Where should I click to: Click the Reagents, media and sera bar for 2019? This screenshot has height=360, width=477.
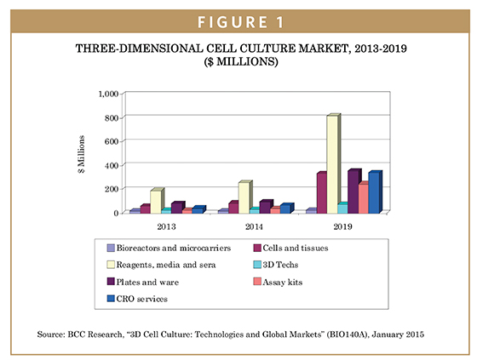click(333, 163)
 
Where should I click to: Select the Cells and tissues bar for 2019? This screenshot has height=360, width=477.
click(322, 193)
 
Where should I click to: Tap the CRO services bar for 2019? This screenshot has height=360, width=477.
click(375, 192)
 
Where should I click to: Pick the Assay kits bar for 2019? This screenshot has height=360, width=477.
click(363, 197)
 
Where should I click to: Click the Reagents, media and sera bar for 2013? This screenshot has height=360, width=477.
click(158, 201)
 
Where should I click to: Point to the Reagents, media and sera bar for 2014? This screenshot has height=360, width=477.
click(245, 197)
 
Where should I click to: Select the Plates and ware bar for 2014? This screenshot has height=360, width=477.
click(266, 207)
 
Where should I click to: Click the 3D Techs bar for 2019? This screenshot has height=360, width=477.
click(342, 208)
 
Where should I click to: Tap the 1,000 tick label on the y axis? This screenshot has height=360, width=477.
click(108, 94)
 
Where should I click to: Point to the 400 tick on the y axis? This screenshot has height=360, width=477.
click(112, 165)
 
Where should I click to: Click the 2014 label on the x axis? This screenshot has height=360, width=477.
click(255, 226)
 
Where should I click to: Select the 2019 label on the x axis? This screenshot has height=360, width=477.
click(342, 226)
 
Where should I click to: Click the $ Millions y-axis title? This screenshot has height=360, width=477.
click(81, 154)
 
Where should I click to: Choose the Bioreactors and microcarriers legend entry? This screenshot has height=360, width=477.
click(169, 249)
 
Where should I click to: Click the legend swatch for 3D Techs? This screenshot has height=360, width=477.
click(257, 265)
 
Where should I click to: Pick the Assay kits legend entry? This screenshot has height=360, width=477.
click(278, 283)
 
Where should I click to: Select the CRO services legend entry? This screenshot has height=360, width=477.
click(137, 299)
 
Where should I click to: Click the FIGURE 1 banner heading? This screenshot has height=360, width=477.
click(240, 22)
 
